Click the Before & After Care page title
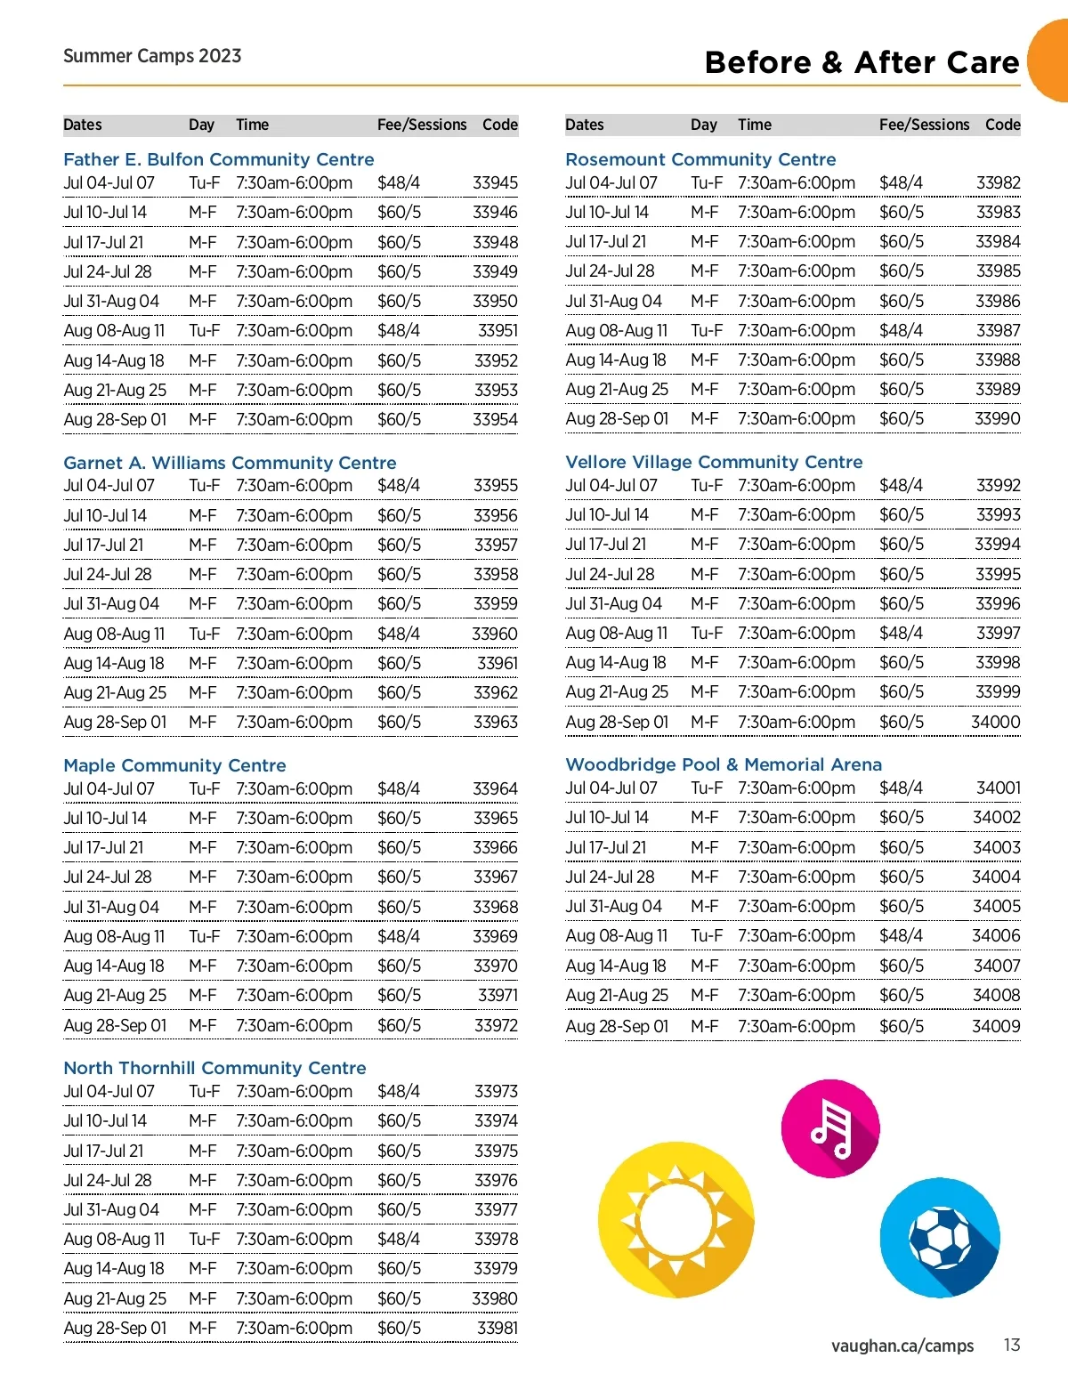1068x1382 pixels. tap(861, 62)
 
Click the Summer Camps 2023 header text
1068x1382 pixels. tap(152, 56)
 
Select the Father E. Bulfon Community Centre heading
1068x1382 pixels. tap(218, 159)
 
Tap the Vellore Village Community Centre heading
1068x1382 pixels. tap(714, 462)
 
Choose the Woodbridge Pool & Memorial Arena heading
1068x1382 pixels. tap(724, 764)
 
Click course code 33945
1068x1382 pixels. tap(495, 182)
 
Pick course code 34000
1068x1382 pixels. tap(995, 722)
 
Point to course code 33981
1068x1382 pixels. tap(497, 1328)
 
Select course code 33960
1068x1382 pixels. tap(494, 634)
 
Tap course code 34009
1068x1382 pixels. tap(996, 1026)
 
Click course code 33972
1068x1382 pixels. tap(496, 1025)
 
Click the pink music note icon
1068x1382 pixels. tap(829, 1128)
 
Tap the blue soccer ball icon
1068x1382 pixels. tap(940, 1238)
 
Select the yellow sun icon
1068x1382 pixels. tap(676, 1219)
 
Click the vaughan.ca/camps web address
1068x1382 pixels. tap(902, 1346)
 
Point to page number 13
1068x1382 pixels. tap(1011, 1345)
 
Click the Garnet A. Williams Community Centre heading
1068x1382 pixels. tap(230, 463)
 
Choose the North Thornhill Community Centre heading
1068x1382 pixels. tap(214, 1068)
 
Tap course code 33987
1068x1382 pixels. tap(998, 330)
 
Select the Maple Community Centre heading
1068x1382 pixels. tap(174, 765)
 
